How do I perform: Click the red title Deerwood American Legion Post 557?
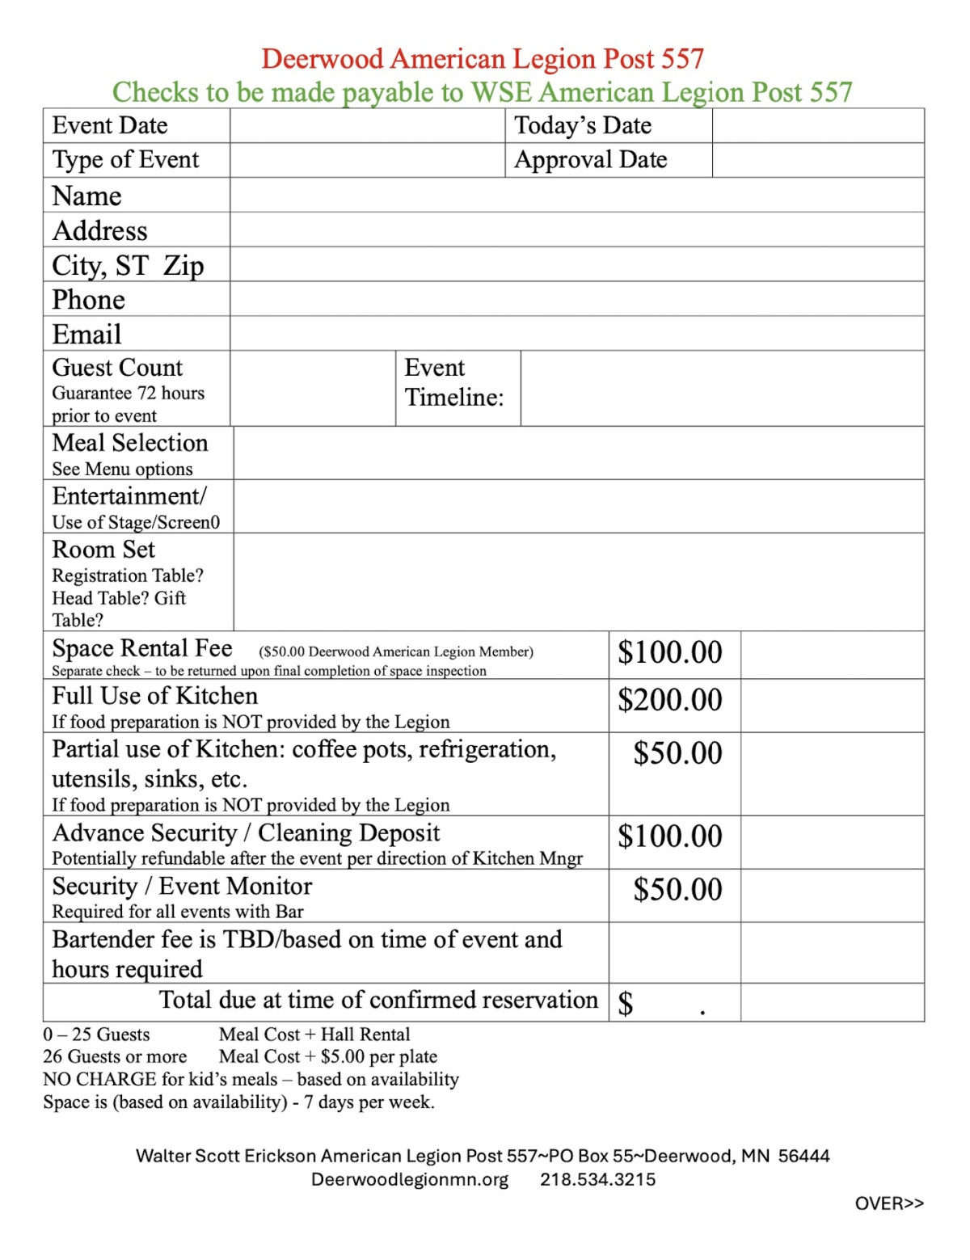483,59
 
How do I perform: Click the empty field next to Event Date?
367,126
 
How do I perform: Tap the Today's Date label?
583,126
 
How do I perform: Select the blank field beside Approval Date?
817,160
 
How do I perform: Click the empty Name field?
576,196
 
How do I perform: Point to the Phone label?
89,300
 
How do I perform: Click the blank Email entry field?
576,334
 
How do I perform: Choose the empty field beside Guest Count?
313,388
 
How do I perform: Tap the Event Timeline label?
453,383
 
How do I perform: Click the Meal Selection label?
130,443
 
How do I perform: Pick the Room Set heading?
103,550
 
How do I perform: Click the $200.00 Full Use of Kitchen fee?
670,700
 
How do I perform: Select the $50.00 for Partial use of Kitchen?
677,753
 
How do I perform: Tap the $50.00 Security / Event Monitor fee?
677,890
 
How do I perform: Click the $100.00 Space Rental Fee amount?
670,652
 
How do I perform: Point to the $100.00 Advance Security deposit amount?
670,836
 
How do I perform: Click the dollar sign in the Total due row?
626,1003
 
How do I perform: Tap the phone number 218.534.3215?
597,1179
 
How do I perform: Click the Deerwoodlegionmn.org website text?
410,1179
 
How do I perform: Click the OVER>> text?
889,1203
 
